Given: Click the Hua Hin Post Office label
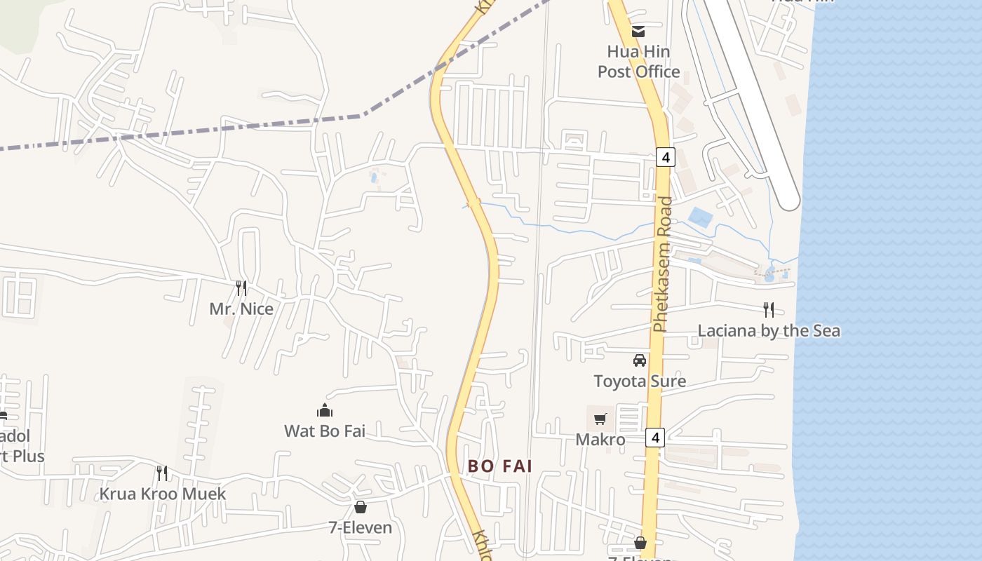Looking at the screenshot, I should pyautogui.click(x=638, y=62).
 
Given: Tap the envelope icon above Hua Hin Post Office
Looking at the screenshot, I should pyautogui.click(x=638, y=31).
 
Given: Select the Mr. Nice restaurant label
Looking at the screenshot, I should pyautogui.click(x=241, y=309).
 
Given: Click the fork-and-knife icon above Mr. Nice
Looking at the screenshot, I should pyautogui.click(x=241, y=288).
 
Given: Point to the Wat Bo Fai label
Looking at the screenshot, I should pyautogui.click(x=325, y=431).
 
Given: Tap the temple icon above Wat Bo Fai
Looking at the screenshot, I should pyautogui.click(x=325, y=410).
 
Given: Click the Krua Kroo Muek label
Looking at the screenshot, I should pyautogui.click(x=163, y=494).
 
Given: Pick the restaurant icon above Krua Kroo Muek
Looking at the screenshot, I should pyautogui.click(x=162, y=473).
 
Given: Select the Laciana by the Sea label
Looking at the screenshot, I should pyautogui.click(x=769, y=331).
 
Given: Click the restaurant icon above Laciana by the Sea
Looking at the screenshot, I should pyautogui.click(x=769, y=309).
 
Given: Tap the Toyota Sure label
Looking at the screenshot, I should pyautogui.click(x=640, y=381).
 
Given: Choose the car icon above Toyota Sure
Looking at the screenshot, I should pyautogui.click(x=640, y=360).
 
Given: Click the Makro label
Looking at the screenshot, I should pyautogui.click(x=600, y=440).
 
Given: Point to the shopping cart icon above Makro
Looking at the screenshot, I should pyautogui.click(x=600, y=419).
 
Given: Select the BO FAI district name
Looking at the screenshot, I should pyautogui.click(x=501, y=466).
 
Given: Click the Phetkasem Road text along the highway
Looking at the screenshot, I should pyautogui.click(x=662, y=264).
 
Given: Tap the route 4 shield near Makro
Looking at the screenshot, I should pyautogui.click(x=655, y=438).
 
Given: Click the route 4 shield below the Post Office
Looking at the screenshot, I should pyautogui.click(x=666, y=156).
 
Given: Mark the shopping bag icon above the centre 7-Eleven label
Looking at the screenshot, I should pyautogui.click(x=361, y=506).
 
